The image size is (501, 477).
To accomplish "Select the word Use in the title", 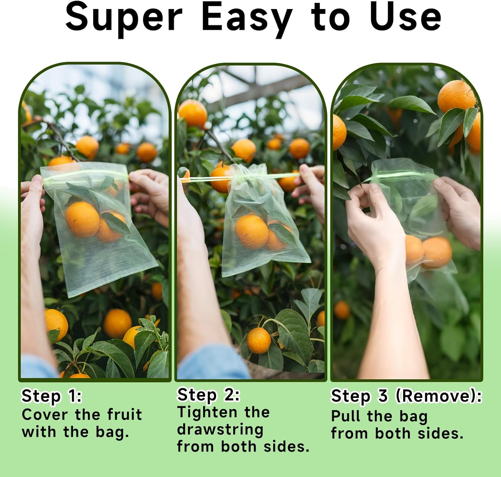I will [x=405, y=17].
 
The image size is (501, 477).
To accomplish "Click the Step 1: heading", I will [x=51, y=396].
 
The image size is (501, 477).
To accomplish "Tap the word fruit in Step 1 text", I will [x=125, y=415].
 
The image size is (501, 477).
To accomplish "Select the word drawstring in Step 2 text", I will [x=220, y=430].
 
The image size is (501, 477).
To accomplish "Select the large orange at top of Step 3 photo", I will [x=456, y=97].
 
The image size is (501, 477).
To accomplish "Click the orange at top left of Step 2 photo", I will [x=193, y=113].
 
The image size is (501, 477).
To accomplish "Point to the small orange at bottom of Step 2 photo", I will [x=259, y=340].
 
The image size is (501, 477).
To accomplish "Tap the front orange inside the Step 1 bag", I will [x=82, y=219].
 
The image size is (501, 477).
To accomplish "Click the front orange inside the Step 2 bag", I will [x=251, y=231].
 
